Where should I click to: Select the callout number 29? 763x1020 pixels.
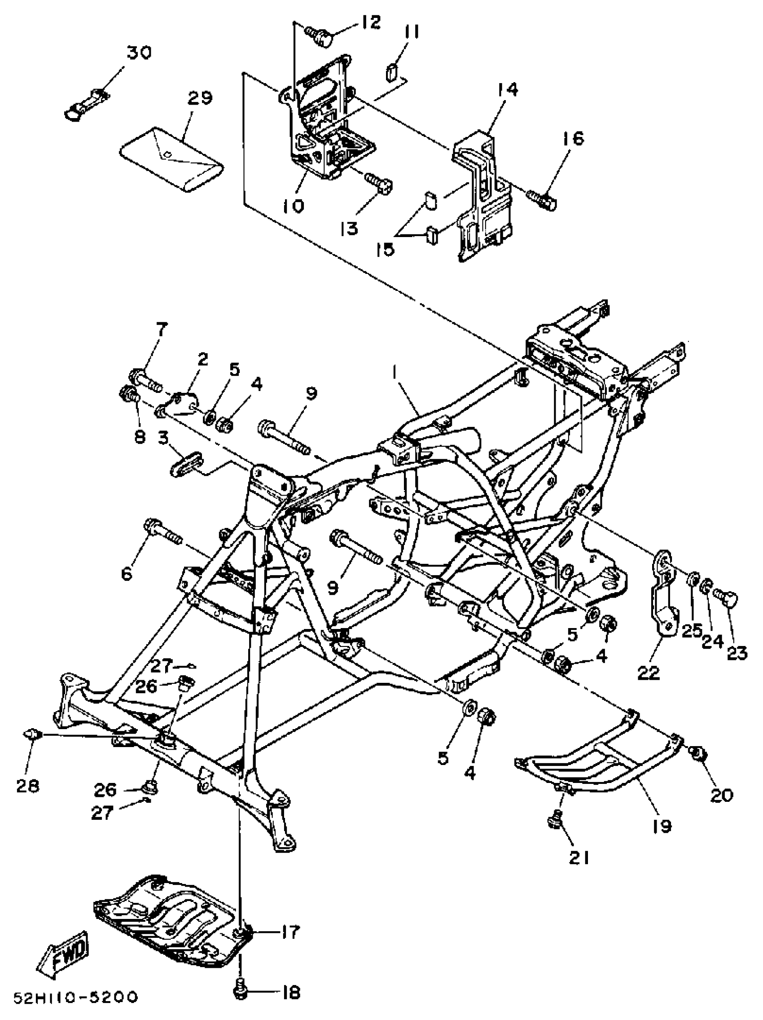(200, 98)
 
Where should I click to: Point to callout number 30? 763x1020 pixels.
(139, 53)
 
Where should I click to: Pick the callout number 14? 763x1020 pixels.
(507, 89)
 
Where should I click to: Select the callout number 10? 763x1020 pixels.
(293, 205)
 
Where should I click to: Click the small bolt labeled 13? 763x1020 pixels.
(377, 182)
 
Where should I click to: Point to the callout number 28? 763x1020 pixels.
(28, 785)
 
